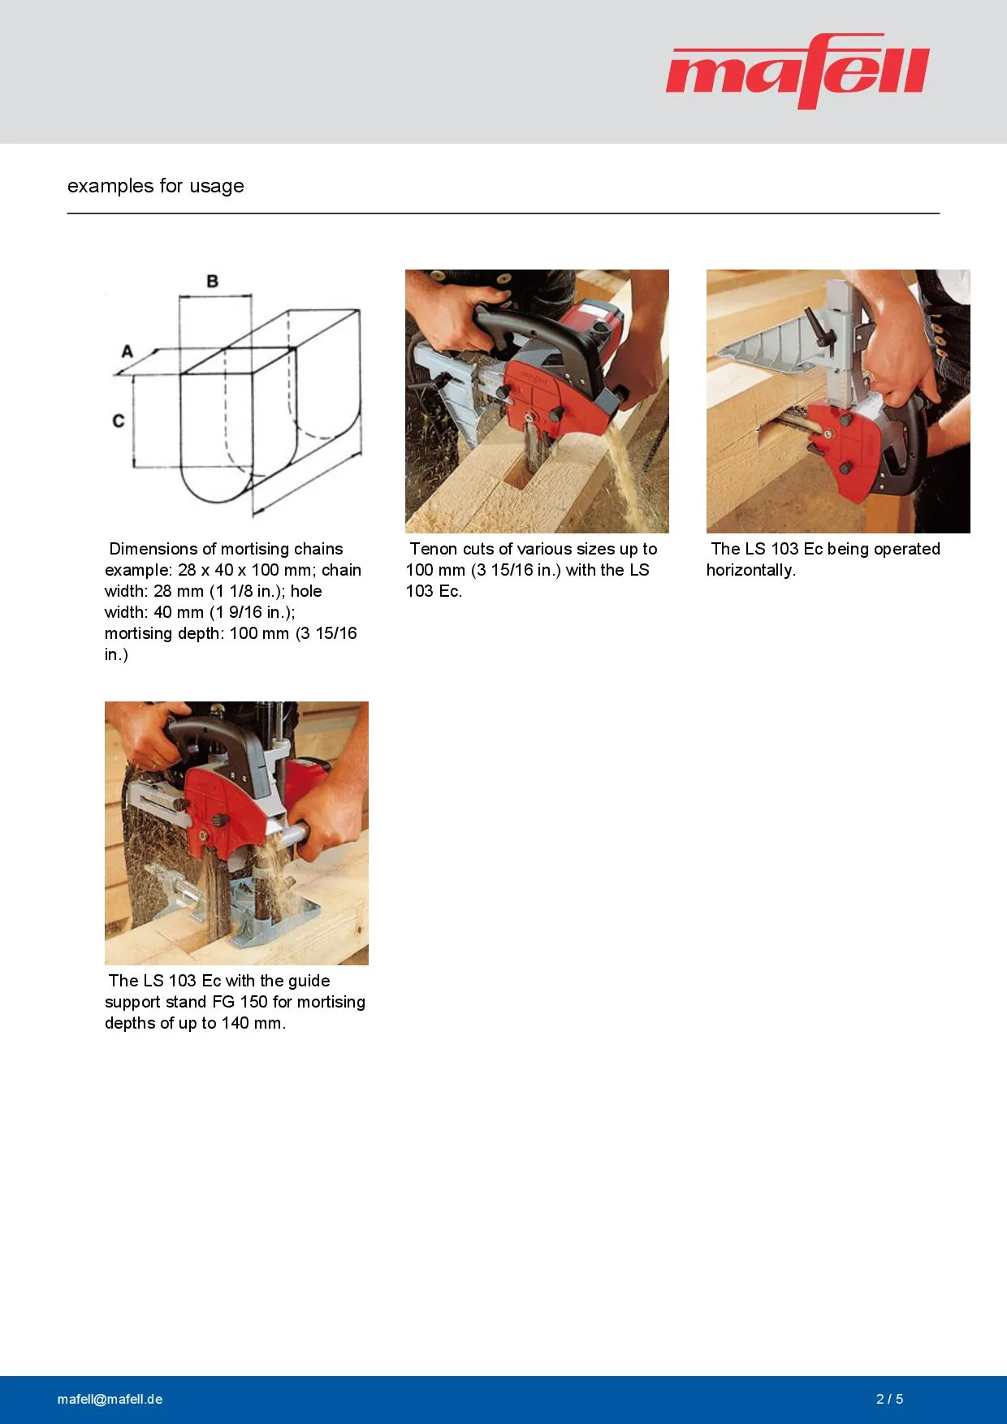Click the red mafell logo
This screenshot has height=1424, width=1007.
click(x=797, y=71)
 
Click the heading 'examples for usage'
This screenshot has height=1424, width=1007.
click(x=156, y=186)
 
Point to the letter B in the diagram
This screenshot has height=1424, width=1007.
click(x=213, y=281)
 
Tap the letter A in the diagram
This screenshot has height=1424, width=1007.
click(x=127, y=352)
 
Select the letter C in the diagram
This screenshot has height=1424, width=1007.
click(x=119, y=421)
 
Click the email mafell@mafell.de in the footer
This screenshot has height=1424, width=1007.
click(x=110, y=1399)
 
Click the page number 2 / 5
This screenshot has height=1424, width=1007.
click(x=890, y=1399)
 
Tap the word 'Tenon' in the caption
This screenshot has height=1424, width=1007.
click(x=434, y=549)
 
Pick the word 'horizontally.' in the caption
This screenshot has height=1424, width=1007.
click(x=751, y=570)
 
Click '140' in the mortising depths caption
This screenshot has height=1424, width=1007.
click(x=235, y=1023)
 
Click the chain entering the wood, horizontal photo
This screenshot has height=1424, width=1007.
click(x=788, y=422)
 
